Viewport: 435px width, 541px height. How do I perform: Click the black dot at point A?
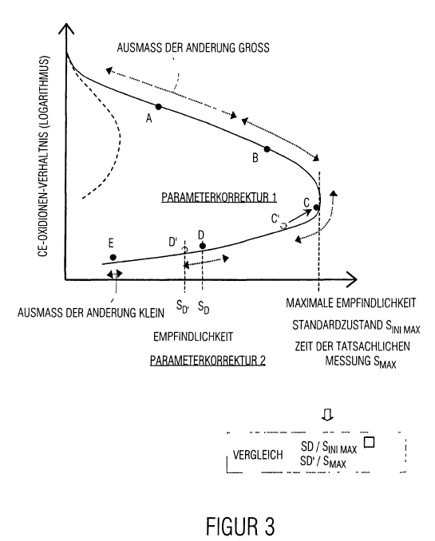click(159, 107)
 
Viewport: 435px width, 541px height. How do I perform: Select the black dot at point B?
click(267, 149)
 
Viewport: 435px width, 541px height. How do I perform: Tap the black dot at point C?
click(316, 207)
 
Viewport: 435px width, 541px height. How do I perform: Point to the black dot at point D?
click(203, 246)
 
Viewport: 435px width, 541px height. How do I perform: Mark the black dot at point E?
click(113, 258)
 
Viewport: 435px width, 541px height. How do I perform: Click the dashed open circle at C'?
click(284, 226)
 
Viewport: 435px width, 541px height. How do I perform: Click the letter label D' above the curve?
click(173, 242)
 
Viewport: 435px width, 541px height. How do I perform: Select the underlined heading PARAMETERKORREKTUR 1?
click(219, 197)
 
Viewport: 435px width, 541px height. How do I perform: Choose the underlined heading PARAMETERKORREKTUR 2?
click(208, 361)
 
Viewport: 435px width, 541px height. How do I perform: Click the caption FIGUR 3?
click(240, 526)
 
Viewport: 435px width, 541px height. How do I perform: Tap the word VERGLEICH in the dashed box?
click(258, 455)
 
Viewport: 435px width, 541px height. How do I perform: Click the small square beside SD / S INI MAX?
click(370, 442)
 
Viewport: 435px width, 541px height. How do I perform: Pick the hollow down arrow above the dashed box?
click(327, 415)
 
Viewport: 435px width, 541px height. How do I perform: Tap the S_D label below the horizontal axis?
click(204, 306)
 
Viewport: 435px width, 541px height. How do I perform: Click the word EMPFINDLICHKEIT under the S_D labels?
click(193, 337)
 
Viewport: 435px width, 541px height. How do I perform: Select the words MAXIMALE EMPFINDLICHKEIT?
click(351, 303)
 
